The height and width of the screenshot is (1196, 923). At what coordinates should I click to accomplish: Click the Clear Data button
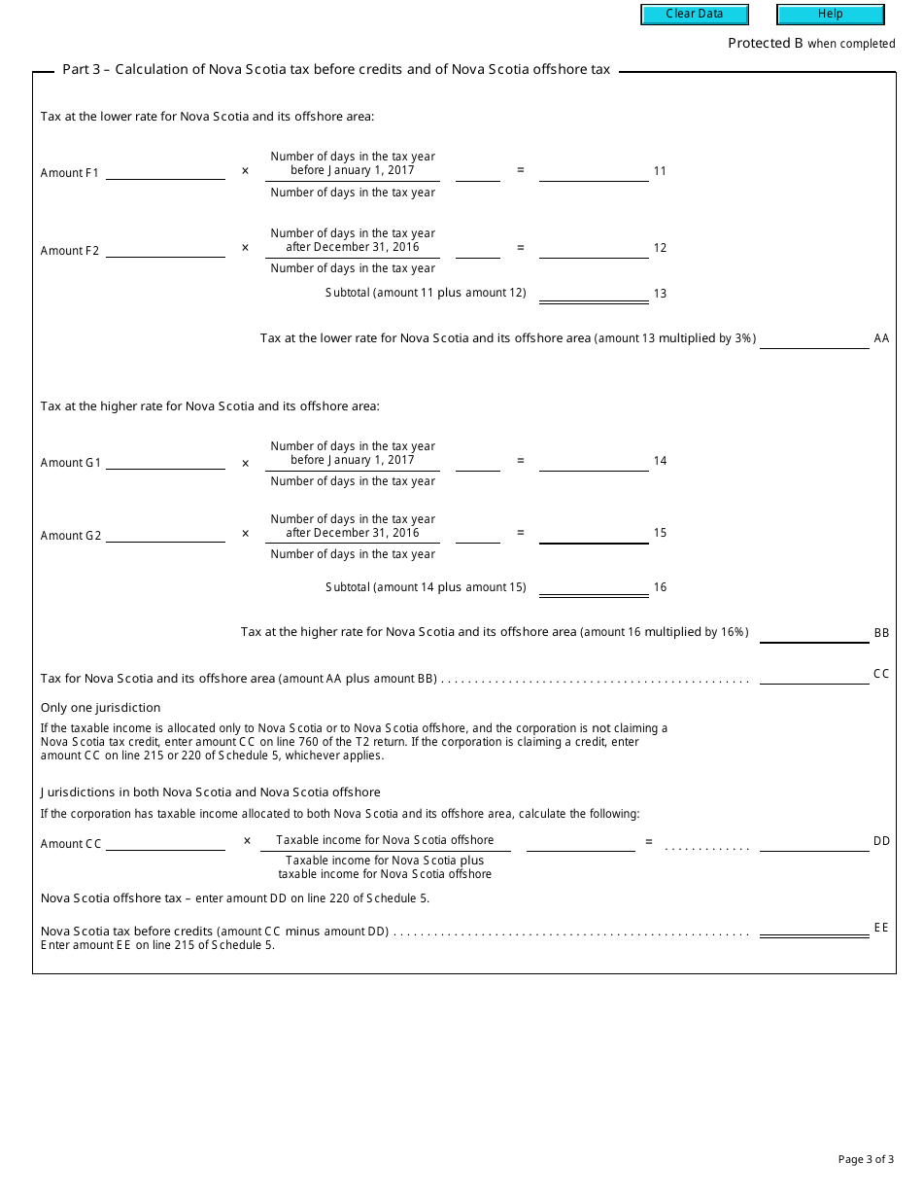[695, 15]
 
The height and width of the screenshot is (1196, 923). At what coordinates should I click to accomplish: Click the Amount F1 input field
[165, 172]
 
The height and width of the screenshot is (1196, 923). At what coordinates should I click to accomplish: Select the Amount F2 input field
[165, 250]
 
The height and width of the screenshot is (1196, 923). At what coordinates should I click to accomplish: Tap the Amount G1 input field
[165, 462]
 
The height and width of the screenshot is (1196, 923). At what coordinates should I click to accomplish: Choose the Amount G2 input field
[165, 535]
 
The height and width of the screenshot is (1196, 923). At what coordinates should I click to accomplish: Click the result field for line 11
[594, 172]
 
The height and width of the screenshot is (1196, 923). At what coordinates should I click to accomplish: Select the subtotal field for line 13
[594, 293]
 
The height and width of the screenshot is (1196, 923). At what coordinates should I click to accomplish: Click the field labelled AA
[814, 339]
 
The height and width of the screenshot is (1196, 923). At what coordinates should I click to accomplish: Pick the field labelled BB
[814, 633]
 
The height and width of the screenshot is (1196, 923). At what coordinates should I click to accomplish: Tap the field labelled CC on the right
[814, 676]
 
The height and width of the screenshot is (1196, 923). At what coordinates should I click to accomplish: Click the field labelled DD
[814, 843]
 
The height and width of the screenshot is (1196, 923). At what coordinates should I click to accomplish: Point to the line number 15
[661, 533]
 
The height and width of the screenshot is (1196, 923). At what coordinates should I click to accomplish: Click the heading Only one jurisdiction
[101, 708]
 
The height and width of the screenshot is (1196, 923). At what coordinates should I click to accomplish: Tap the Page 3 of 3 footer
[866, 1159]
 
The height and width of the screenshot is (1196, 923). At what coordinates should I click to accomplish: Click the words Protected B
[766, 43]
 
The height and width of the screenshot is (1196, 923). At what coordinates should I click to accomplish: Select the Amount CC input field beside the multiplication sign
[165, 843]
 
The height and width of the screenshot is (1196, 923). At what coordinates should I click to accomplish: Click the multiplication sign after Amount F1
[245, 171]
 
